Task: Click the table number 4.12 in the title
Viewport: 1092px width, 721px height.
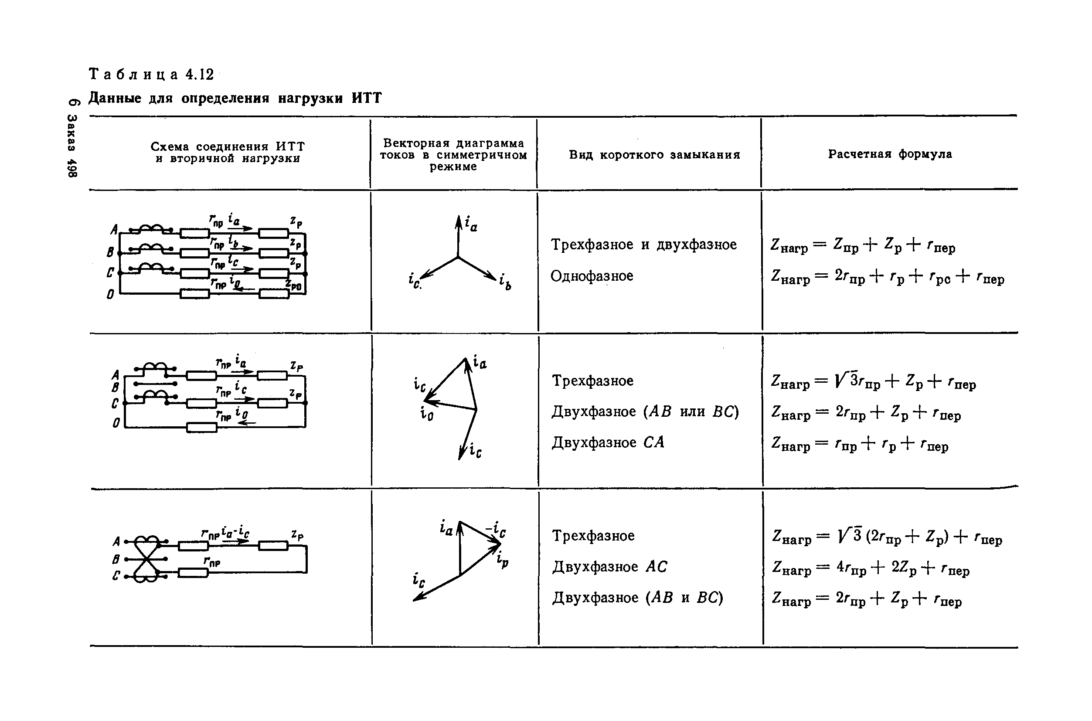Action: click(200, 75)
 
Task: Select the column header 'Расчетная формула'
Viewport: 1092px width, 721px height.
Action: click(890, 154)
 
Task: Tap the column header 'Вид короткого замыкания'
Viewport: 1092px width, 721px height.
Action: click(654, 155)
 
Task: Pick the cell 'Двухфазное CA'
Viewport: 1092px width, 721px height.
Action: click(608, 442)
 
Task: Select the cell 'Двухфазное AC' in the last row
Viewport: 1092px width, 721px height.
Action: click(609, 567)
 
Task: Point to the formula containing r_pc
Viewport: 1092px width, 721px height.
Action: click(888, 277)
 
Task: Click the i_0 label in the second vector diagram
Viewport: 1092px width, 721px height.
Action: click(426, 414)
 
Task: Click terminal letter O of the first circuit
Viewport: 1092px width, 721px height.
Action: click(110, 294)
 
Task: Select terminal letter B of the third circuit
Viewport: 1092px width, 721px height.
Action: click(116, 559)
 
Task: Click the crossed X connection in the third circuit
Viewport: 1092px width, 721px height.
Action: click(146, 559)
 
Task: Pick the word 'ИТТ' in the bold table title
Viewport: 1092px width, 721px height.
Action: click(367, 99)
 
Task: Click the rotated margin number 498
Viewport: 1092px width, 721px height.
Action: click(73, 168)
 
